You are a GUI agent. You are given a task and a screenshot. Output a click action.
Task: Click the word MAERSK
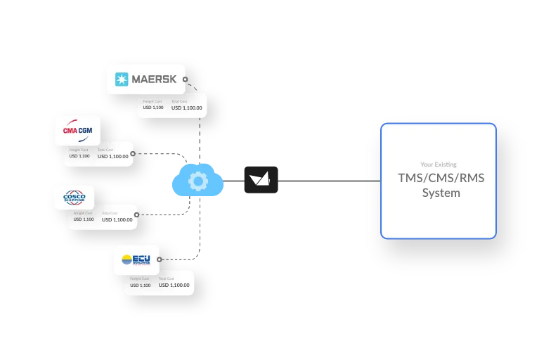(154, 79)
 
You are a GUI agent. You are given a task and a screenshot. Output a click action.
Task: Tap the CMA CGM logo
(77, 130)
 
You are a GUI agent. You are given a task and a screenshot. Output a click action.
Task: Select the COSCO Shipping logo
(74, 198)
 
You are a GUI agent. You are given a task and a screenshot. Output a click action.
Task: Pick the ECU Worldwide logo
(136, 259)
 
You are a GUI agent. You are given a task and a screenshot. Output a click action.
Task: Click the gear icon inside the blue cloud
(198, 182)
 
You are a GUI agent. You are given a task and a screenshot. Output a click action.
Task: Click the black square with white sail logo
(261, 180)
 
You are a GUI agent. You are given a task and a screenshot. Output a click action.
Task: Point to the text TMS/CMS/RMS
(441, 178)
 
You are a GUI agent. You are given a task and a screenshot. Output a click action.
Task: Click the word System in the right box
(441, 193)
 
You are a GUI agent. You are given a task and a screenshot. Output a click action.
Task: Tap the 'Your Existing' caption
(439, 165)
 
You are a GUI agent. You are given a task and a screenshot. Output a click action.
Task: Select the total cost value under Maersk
(187, 108)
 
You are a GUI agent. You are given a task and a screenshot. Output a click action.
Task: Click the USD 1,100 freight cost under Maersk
(153, 108)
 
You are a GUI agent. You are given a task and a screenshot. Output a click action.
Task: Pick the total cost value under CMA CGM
(113, 156)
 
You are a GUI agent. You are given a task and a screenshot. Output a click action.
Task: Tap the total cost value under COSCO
(117, 219)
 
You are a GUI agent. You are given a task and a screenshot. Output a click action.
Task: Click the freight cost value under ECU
(140, 285)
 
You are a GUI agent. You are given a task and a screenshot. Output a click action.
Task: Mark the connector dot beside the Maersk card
(186, 79)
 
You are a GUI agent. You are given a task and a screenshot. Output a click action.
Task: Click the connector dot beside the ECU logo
(160, 259)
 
